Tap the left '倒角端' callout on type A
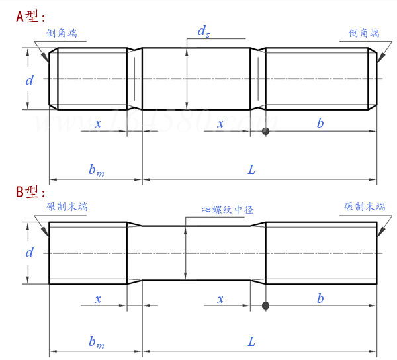(62, 33)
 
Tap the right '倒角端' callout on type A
(364, 33)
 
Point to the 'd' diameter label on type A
(29, 80)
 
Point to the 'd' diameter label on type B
(29, 252)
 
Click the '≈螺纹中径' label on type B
(228, 210)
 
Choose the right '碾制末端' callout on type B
(364, 207)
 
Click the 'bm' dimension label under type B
(96, 342)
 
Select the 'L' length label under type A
(251, 169)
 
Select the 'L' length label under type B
(251, 342)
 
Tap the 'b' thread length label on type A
(320, 123)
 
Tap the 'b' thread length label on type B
(320, 298)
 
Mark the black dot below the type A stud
(265, 131)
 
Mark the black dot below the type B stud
(265, 306)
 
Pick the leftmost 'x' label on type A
(98, 124)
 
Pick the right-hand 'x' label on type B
(220, 299)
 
